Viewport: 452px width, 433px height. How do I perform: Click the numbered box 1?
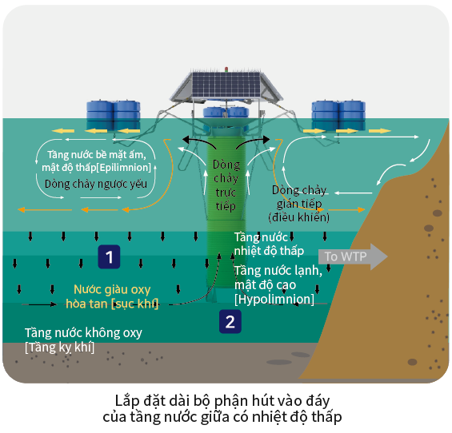tap(109, 256)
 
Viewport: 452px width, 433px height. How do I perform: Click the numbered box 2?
tap(230, 321)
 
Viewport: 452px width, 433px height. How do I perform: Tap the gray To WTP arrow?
tap(353, 256)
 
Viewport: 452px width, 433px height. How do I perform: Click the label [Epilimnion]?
tap(124, 167)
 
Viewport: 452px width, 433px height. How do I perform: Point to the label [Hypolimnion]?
tap(274, 299)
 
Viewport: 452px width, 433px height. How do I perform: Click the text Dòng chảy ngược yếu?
tap(96, 184)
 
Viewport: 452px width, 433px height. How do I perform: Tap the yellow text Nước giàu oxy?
tap(112, 289)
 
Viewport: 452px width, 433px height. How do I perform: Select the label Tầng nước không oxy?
tap(83, 333)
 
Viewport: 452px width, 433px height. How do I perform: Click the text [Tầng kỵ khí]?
tap(59, 348)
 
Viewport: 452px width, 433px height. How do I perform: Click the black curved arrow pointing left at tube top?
tap(199, 141)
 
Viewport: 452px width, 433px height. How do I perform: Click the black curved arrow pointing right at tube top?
tap(253, 141)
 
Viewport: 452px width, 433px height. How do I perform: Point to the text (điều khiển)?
tap(299, 217)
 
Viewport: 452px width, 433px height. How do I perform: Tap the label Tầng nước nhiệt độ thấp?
tap(269, 244)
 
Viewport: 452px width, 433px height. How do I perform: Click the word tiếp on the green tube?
tap(226, 206)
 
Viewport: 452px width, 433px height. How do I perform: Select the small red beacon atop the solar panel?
tap(226, 69)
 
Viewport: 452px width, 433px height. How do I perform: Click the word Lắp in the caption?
tap(127, 401)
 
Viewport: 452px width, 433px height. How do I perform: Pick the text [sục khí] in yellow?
tap(135, 304)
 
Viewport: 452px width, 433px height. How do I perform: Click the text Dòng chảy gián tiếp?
tap(299, 197)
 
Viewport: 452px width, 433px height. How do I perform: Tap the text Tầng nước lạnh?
tap(278, 271)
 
